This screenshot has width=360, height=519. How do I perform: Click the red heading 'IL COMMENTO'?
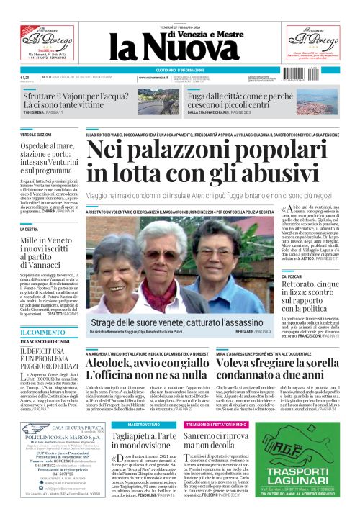click(x=40, y=332)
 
